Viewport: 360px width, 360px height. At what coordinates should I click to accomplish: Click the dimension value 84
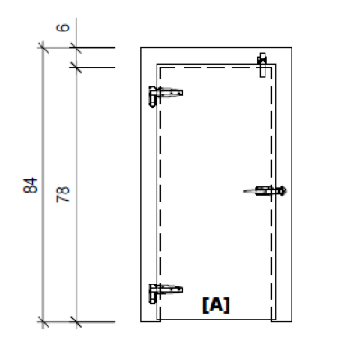pyautogui.click(x=31, y=186)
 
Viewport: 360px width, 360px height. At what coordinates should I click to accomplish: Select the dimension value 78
pyautogui.click(x=64, y=193)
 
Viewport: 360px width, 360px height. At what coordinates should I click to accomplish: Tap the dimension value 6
pyautogui.click(x=64, y=28)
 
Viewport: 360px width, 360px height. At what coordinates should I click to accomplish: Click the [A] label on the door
pyautogui.click(x=215, y=305)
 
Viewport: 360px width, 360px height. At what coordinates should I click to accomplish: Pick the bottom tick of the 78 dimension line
pyautogui.click(x=76, y=321)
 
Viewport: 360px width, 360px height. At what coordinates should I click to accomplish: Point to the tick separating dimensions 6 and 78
pyautogui.click(x=76, y=67)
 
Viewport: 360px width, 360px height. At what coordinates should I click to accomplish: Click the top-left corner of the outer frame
pyautogui.click(x=142, y=47)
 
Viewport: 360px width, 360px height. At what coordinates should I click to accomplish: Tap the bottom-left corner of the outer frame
pyautogui.click(x=142, y=321)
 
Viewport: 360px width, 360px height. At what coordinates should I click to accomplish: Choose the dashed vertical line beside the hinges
pyautogui.click(x=160, y=193)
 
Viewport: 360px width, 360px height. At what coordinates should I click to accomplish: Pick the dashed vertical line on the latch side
pyautogui.click(x=271, y=252)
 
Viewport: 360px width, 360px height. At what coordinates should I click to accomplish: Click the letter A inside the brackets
pyautogui.click(x=216, y=305)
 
